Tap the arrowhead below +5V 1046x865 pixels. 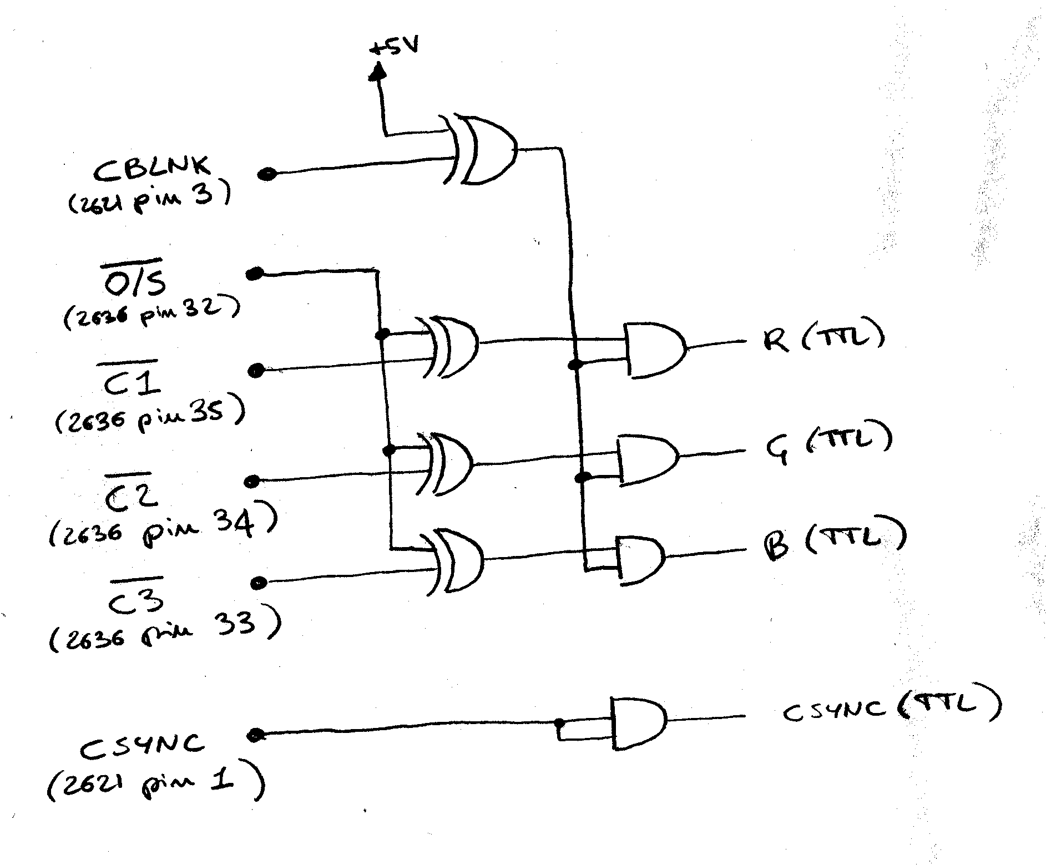pyautogui.click(x=378, y=72)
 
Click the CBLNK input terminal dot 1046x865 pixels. pyautogui.click(x=267, y=174)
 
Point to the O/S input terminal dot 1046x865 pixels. pyautogui.click(x=255, y=274)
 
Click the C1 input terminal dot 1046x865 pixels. pyautogui.click(x=255, y=371)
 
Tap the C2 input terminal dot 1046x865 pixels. pyautogui.click(x=253, y=481)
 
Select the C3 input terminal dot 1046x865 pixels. pyautogui.click(x=259, y=583)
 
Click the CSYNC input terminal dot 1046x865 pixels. pyautogui.click(x=255, y=735)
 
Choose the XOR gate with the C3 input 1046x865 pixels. pyautogui.click(x=452, y=562)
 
